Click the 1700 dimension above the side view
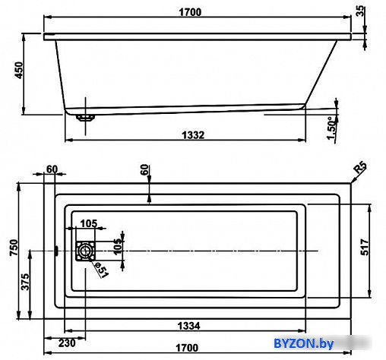click(x=190, y=12)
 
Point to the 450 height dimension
click(x=19, y=70)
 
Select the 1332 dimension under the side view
click(x=193, y=135)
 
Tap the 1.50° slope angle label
click(x=332, y=128)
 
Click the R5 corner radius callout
click(x=361, y=167)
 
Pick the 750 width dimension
click(x=14, y=248)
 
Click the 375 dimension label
click(x=25, y=282)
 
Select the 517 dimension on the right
click(x=365, y=247)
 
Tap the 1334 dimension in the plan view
click(x=188, y=326)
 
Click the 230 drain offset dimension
click(x=67, y=343)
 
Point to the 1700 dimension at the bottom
click(x=187, y=348)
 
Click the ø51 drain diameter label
click(x=102, y=270)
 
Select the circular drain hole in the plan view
click(x=86, y=251)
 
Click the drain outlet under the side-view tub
click(x=86, y=118)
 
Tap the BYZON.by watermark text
click(x=303, y=343)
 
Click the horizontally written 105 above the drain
click(x=89, y=223)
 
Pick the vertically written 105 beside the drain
click(x=117, y=247)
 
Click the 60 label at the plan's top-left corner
click(x=52, y=169)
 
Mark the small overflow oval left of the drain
click(x=56, y=251)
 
